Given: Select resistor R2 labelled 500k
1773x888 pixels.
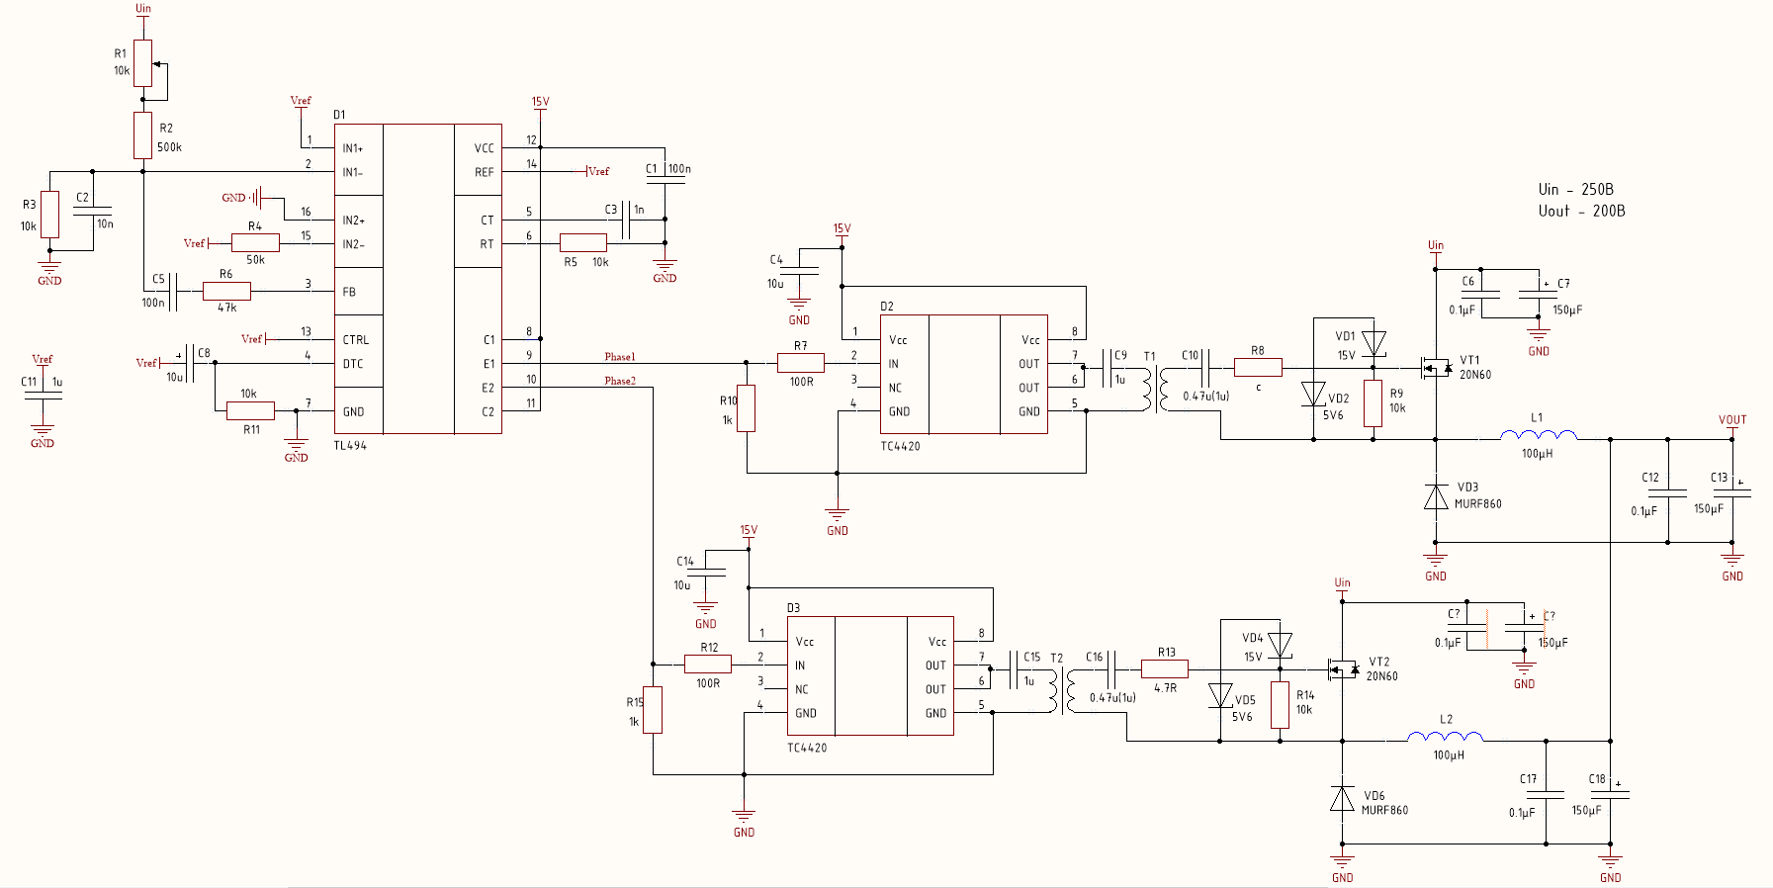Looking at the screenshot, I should tap(143, 135).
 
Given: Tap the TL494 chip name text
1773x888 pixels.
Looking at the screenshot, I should tap(350, 446).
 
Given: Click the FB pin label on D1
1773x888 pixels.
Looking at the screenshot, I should tap(349, 292).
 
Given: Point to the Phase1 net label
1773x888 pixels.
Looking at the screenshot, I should tap(620, 357).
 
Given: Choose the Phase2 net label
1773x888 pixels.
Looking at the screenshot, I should tap(620, 381).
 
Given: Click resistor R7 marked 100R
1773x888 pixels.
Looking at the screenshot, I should tap(800, 364).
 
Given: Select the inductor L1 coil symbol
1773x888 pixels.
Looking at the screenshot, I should tap(1538, 435).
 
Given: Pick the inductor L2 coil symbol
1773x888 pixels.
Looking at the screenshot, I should tap(1445, 737).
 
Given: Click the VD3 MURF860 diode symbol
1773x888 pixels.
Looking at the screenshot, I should tap(1436, 496).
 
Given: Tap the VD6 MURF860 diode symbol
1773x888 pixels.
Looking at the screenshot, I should tap(1342, 798).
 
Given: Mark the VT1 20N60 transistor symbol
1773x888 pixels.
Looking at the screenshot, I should tap(1434, 368).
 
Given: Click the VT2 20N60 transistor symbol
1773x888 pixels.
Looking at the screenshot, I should tap(1341, 669).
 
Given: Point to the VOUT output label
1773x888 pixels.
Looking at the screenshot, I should tap(1732, 420).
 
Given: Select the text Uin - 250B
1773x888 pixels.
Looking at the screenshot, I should tap(1575, 190).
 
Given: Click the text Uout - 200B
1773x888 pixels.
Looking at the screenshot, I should tap(1581, 211).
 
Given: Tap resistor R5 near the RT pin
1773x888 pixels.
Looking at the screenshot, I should tap(583, 243).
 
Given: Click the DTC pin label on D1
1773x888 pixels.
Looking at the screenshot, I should tap(353, 364).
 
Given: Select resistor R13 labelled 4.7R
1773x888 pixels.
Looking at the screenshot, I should tap(1164, 669).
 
